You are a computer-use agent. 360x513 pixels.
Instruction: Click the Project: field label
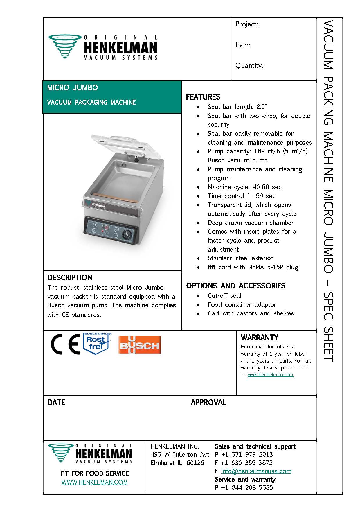247,24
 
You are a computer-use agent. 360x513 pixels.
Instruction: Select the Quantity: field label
249,66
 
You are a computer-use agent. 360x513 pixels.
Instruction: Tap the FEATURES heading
203,97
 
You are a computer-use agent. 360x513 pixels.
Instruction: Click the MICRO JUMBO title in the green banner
72,87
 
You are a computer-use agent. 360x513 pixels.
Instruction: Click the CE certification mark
65,344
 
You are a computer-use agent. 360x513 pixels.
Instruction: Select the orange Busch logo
140,345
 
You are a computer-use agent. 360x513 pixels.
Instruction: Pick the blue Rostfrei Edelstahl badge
97,344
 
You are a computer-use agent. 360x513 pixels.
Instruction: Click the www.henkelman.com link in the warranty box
270,375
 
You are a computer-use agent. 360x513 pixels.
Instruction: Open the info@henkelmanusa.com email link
256,471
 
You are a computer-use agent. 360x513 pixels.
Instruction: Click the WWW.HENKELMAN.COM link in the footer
94,482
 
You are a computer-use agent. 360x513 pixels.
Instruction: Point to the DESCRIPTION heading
70,277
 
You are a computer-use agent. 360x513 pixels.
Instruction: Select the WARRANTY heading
259,338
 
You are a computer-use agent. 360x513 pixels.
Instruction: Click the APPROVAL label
208,402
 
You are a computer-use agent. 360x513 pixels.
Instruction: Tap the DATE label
56,402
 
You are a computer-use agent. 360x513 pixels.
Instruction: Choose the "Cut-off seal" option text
224,296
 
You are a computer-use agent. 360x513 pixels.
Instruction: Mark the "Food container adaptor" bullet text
242,305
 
